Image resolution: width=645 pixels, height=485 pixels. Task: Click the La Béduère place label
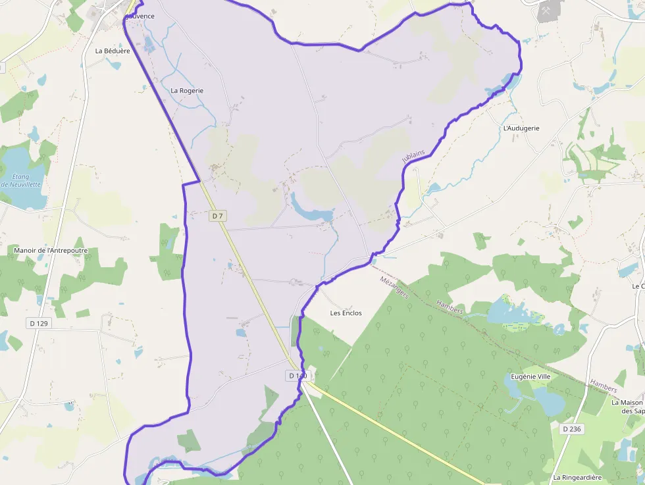pyautogui.click(x=113, y=51)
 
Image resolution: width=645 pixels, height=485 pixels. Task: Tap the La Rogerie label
pyautogui.click(x=187, y=90)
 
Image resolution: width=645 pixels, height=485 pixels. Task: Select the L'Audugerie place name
pyautogui.click(x=521, y=128)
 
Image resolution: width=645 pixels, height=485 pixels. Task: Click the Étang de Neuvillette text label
pyautogui.click(x=22, y=180)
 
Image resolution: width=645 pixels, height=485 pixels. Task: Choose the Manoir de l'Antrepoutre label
pyautogui.click(x=51, y=251)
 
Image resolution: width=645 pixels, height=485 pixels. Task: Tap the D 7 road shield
pyautogui.click(x=219, y=216)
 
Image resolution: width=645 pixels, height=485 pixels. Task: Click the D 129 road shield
pyautogui.click(x=40, y=323)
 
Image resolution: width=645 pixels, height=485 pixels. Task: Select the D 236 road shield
pyautogui.click(x=572, y=428)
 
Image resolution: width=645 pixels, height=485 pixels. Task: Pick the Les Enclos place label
pyautogui.click(x=346, y=313)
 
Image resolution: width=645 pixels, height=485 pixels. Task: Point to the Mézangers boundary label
pyautogui.click(x=395, y=288)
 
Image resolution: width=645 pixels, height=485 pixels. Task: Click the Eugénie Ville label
pyautogui.click(x=531, y=376)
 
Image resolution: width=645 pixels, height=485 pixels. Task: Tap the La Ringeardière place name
pyautogui.click(x=577, y=477)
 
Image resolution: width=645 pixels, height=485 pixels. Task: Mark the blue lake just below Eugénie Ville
pyautogui.click(x=548, y=399)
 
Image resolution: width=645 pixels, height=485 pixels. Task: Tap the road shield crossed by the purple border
pyautogui.click(x=297, y=375)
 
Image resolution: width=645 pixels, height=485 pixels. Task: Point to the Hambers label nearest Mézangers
pyautogui.click(x=450, y=308)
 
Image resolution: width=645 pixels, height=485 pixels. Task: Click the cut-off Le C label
pyautogui.click(x=638, y=286)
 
